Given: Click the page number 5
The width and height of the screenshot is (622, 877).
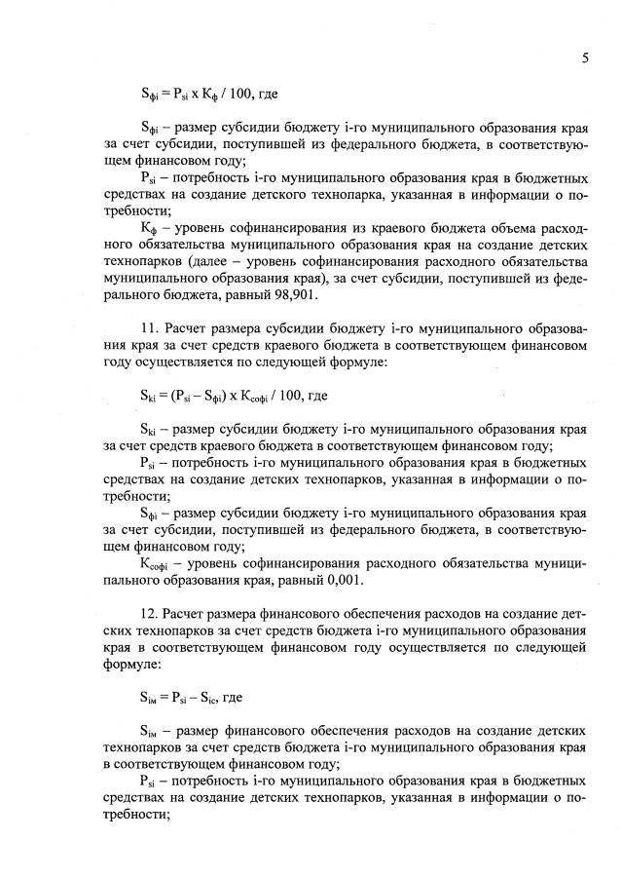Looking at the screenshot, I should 584,57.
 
